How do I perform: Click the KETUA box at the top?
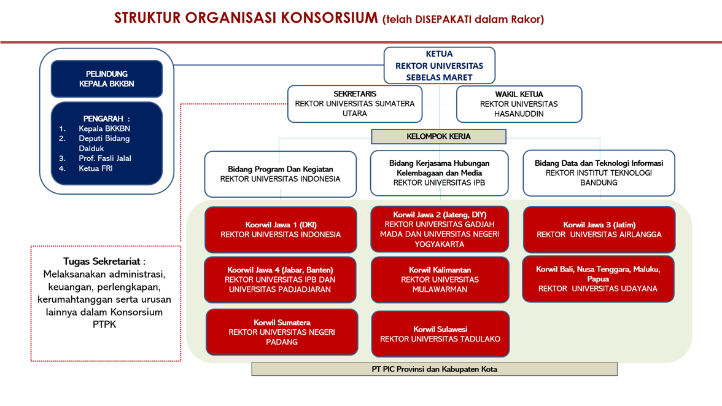[x=440, y=66]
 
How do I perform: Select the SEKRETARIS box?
[x=355, y=104]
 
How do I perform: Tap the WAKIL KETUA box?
[x=519, y=104]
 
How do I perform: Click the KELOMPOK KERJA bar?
[x=438, y=136]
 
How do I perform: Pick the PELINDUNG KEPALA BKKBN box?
[x=106, y=79]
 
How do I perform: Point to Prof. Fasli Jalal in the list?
[x=105, y=158]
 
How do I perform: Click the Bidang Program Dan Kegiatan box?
[x=281, y=174]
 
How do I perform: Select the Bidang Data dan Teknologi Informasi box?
[x=599, y=173]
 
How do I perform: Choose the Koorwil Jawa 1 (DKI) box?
[x=281, y=230]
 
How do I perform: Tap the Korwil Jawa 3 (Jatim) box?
[x=599, y=230]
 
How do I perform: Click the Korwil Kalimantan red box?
[x=440, y=279]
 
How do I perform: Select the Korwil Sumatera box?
[x=282, y=332]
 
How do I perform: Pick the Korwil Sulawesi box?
[x=440, y=334]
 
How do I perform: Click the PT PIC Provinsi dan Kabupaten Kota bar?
[x=434, y=369]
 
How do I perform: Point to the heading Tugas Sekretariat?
[x=104, y=261]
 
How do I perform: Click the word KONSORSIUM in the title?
[x=329, y=18]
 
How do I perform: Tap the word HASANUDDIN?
[x=519, y=114]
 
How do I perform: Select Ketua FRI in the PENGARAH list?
[x=96, y=168]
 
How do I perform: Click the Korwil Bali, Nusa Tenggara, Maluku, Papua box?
[x=598, y=279]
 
